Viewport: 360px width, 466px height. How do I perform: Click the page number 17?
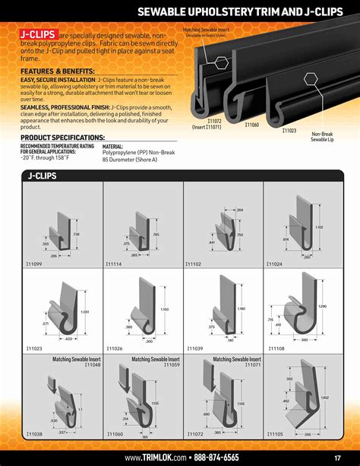(336, 458)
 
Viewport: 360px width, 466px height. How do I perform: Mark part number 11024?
(274, 264)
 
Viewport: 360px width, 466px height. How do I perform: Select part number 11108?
(274, 348)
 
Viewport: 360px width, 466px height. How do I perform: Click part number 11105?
(274, 433)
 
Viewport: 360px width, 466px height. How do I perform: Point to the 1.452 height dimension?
(325, 398)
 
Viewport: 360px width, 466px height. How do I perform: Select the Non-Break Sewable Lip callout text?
(321, 137)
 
